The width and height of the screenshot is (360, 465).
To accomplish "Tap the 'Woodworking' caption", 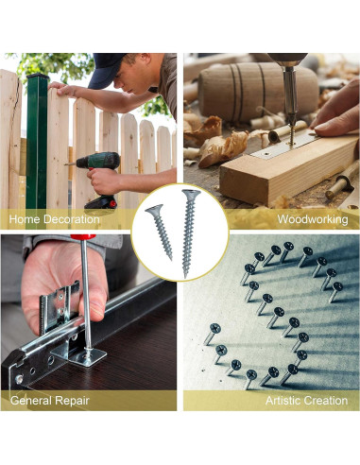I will click(312, 219).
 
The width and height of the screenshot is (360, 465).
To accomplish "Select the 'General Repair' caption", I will click(49, 401).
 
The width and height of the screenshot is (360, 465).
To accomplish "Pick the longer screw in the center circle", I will click(188, 232).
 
